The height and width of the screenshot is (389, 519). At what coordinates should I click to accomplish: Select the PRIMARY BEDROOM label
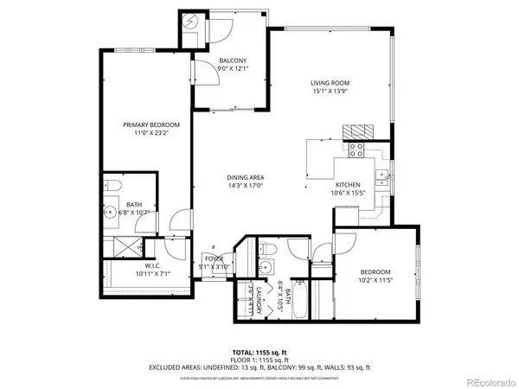pyautogui.click(x=144, y=125)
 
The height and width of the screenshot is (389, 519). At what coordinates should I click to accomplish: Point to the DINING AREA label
pyautogui.click(x=245, y=176)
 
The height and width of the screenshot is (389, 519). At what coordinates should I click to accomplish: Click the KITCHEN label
pyautogui.click(x=347, y=185)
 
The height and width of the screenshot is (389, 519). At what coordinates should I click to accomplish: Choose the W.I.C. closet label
pyautogui.click(x=152, y=265)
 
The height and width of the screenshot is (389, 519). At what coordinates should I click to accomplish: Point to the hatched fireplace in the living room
pyautogui.click(x=358, y=131)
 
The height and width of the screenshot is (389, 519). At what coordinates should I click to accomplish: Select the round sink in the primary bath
pyautogui.click(x=112, y=211)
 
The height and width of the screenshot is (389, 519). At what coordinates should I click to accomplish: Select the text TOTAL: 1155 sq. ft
pyautogui.click(x=259, y=353)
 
